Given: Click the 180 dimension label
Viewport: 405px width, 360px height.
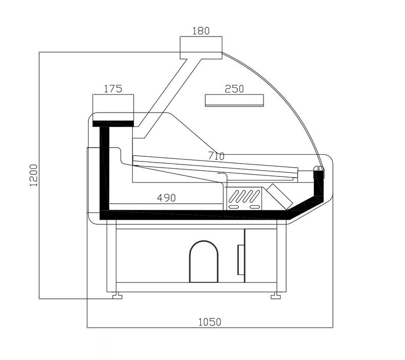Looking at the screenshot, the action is (201, 31).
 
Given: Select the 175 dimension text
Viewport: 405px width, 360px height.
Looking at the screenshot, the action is (113, 89).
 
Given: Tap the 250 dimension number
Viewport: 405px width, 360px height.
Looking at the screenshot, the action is (234, 89).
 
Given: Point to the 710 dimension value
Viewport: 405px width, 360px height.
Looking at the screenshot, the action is (217, 156).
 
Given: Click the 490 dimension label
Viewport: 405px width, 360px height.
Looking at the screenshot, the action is (166, 198).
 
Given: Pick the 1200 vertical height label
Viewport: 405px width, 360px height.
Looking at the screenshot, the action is (33, 175).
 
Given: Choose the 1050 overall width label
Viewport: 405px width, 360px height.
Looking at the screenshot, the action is (210, 322).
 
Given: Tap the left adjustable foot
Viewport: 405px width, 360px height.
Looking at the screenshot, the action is (117, 296).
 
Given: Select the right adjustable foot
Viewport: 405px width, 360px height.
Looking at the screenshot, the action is (276, 296).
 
